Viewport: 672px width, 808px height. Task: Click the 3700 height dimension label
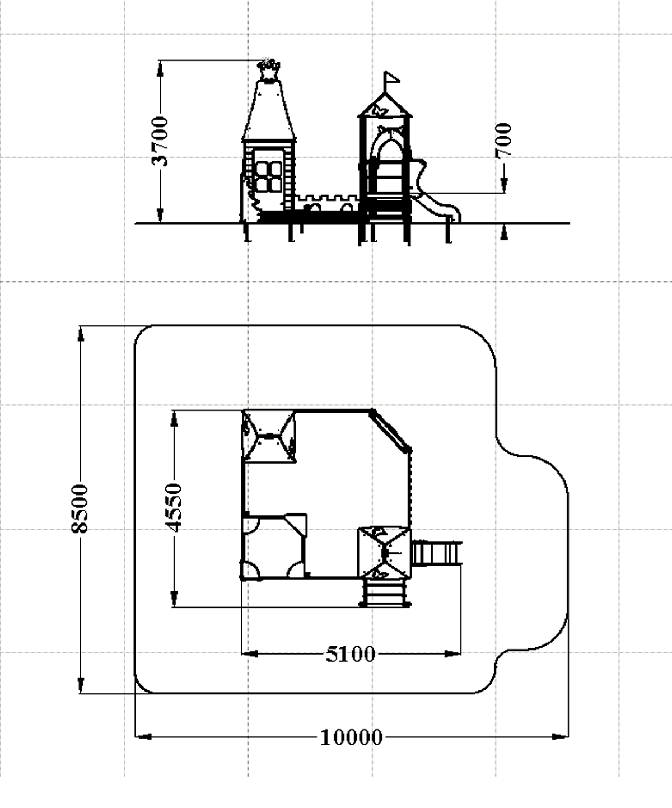(160, 142)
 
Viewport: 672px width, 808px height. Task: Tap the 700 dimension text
(503, 141)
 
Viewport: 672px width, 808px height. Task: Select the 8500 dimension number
(80, 508)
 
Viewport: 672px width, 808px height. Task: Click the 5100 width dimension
(351, 655)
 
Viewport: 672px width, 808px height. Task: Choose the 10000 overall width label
(352, 737)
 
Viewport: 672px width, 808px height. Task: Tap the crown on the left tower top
(269, 69)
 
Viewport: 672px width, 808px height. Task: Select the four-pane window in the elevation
(269, 176)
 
